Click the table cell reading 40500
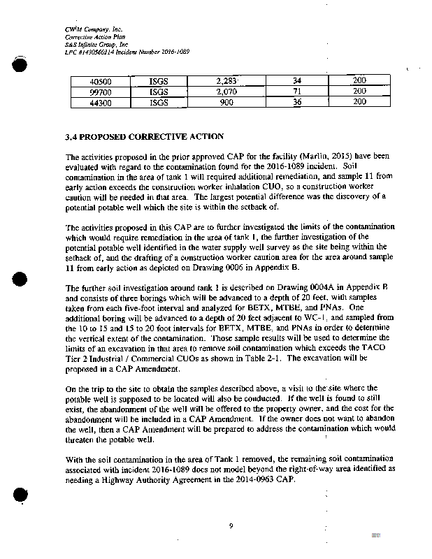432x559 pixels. [x=101, y=82]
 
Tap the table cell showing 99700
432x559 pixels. [x=101, y=92]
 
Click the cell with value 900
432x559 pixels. [x=227, y=101]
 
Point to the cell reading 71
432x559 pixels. [x=297, y=92]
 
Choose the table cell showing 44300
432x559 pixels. [x=101, y=101]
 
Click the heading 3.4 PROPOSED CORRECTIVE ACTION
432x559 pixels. [x=145, y=136]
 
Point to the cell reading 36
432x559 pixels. [x=296, y=101]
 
